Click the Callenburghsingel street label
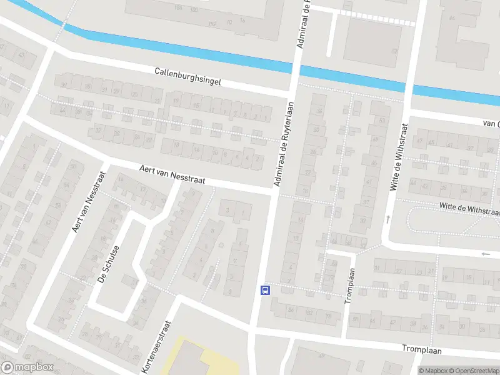187,77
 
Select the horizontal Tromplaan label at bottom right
422,349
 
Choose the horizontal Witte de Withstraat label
469,209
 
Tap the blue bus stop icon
265,289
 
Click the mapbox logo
27,367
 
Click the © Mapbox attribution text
430,371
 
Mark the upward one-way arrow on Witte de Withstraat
387,219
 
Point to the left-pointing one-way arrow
486,254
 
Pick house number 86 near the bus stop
291,309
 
